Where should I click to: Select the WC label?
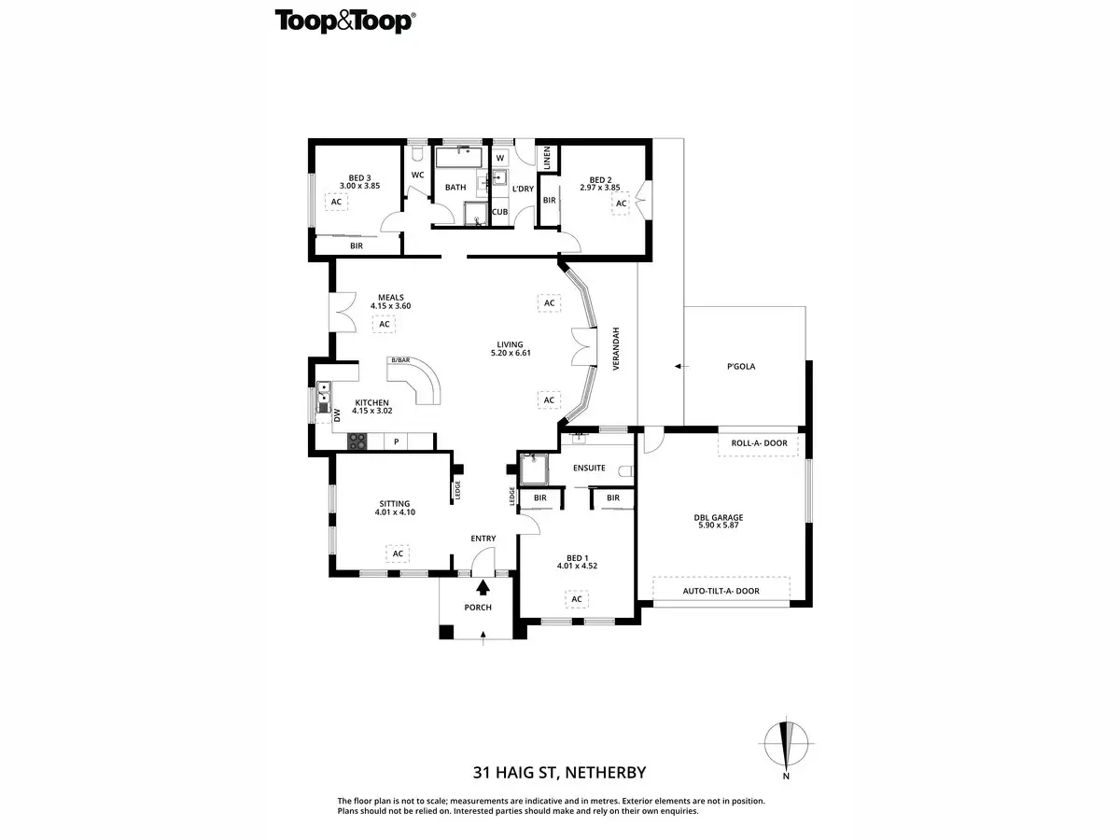(417, 175)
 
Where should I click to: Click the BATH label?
(455, 188)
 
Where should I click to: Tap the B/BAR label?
(400, 360)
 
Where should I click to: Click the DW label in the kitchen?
(337, 416)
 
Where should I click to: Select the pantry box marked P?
(396, 441)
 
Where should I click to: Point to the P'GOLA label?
(742, 366)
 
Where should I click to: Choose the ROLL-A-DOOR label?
(759, 444)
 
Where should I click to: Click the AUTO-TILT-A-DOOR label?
(721, 591)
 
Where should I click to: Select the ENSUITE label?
(589, 468)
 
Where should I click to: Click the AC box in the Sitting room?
(398, 553)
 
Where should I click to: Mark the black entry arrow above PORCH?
(483, 587)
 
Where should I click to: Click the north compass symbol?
(786, 744)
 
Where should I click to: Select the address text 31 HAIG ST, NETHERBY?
(559, 772)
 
